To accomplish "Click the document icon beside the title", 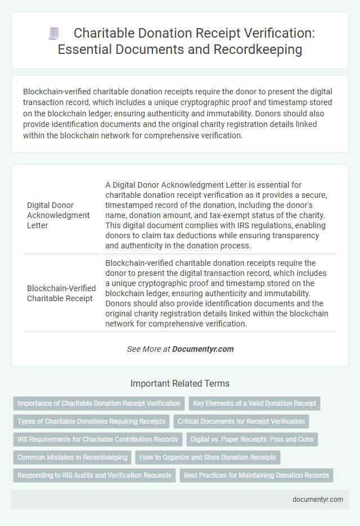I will [x=53, y=33].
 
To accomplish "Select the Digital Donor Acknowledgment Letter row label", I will [x=58, y=216].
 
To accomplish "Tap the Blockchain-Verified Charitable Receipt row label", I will [x=61, y=293].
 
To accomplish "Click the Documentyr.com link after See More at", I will [x=202, y=349].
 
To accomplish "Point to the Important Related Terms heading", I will [x=180, y=384].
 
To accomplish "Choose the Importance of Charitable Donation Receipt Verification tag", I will [x=99, y=403].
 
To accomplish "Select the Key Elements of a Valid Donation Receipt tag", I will [x=254, y=403].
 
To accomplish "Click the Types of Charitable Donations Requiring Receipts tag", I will [x=91, y=421].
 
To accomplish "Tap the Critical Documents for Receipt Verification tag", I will [x=241, y=421].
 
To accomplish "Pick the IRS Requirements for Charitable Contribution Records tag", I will [x=97, y=439].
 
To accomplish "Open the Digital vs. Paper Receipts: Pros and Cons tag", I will [x=252, y=439].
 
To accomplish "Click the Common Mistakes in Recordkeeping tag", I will [x=72, y=457].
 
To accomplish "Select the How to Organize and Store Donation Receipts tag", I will [x=208, y=457].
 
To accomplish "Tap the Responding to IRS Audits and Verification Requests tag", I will [x=94, y=475].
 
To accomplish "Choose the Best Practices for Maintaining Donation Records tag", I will [x=256, y=475].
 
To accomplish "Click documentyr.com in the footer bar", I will [x=317, y=499].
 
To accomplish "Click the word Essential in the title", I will [x=83, y=49].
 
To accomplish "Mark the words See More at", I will [x=148, y=349].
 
